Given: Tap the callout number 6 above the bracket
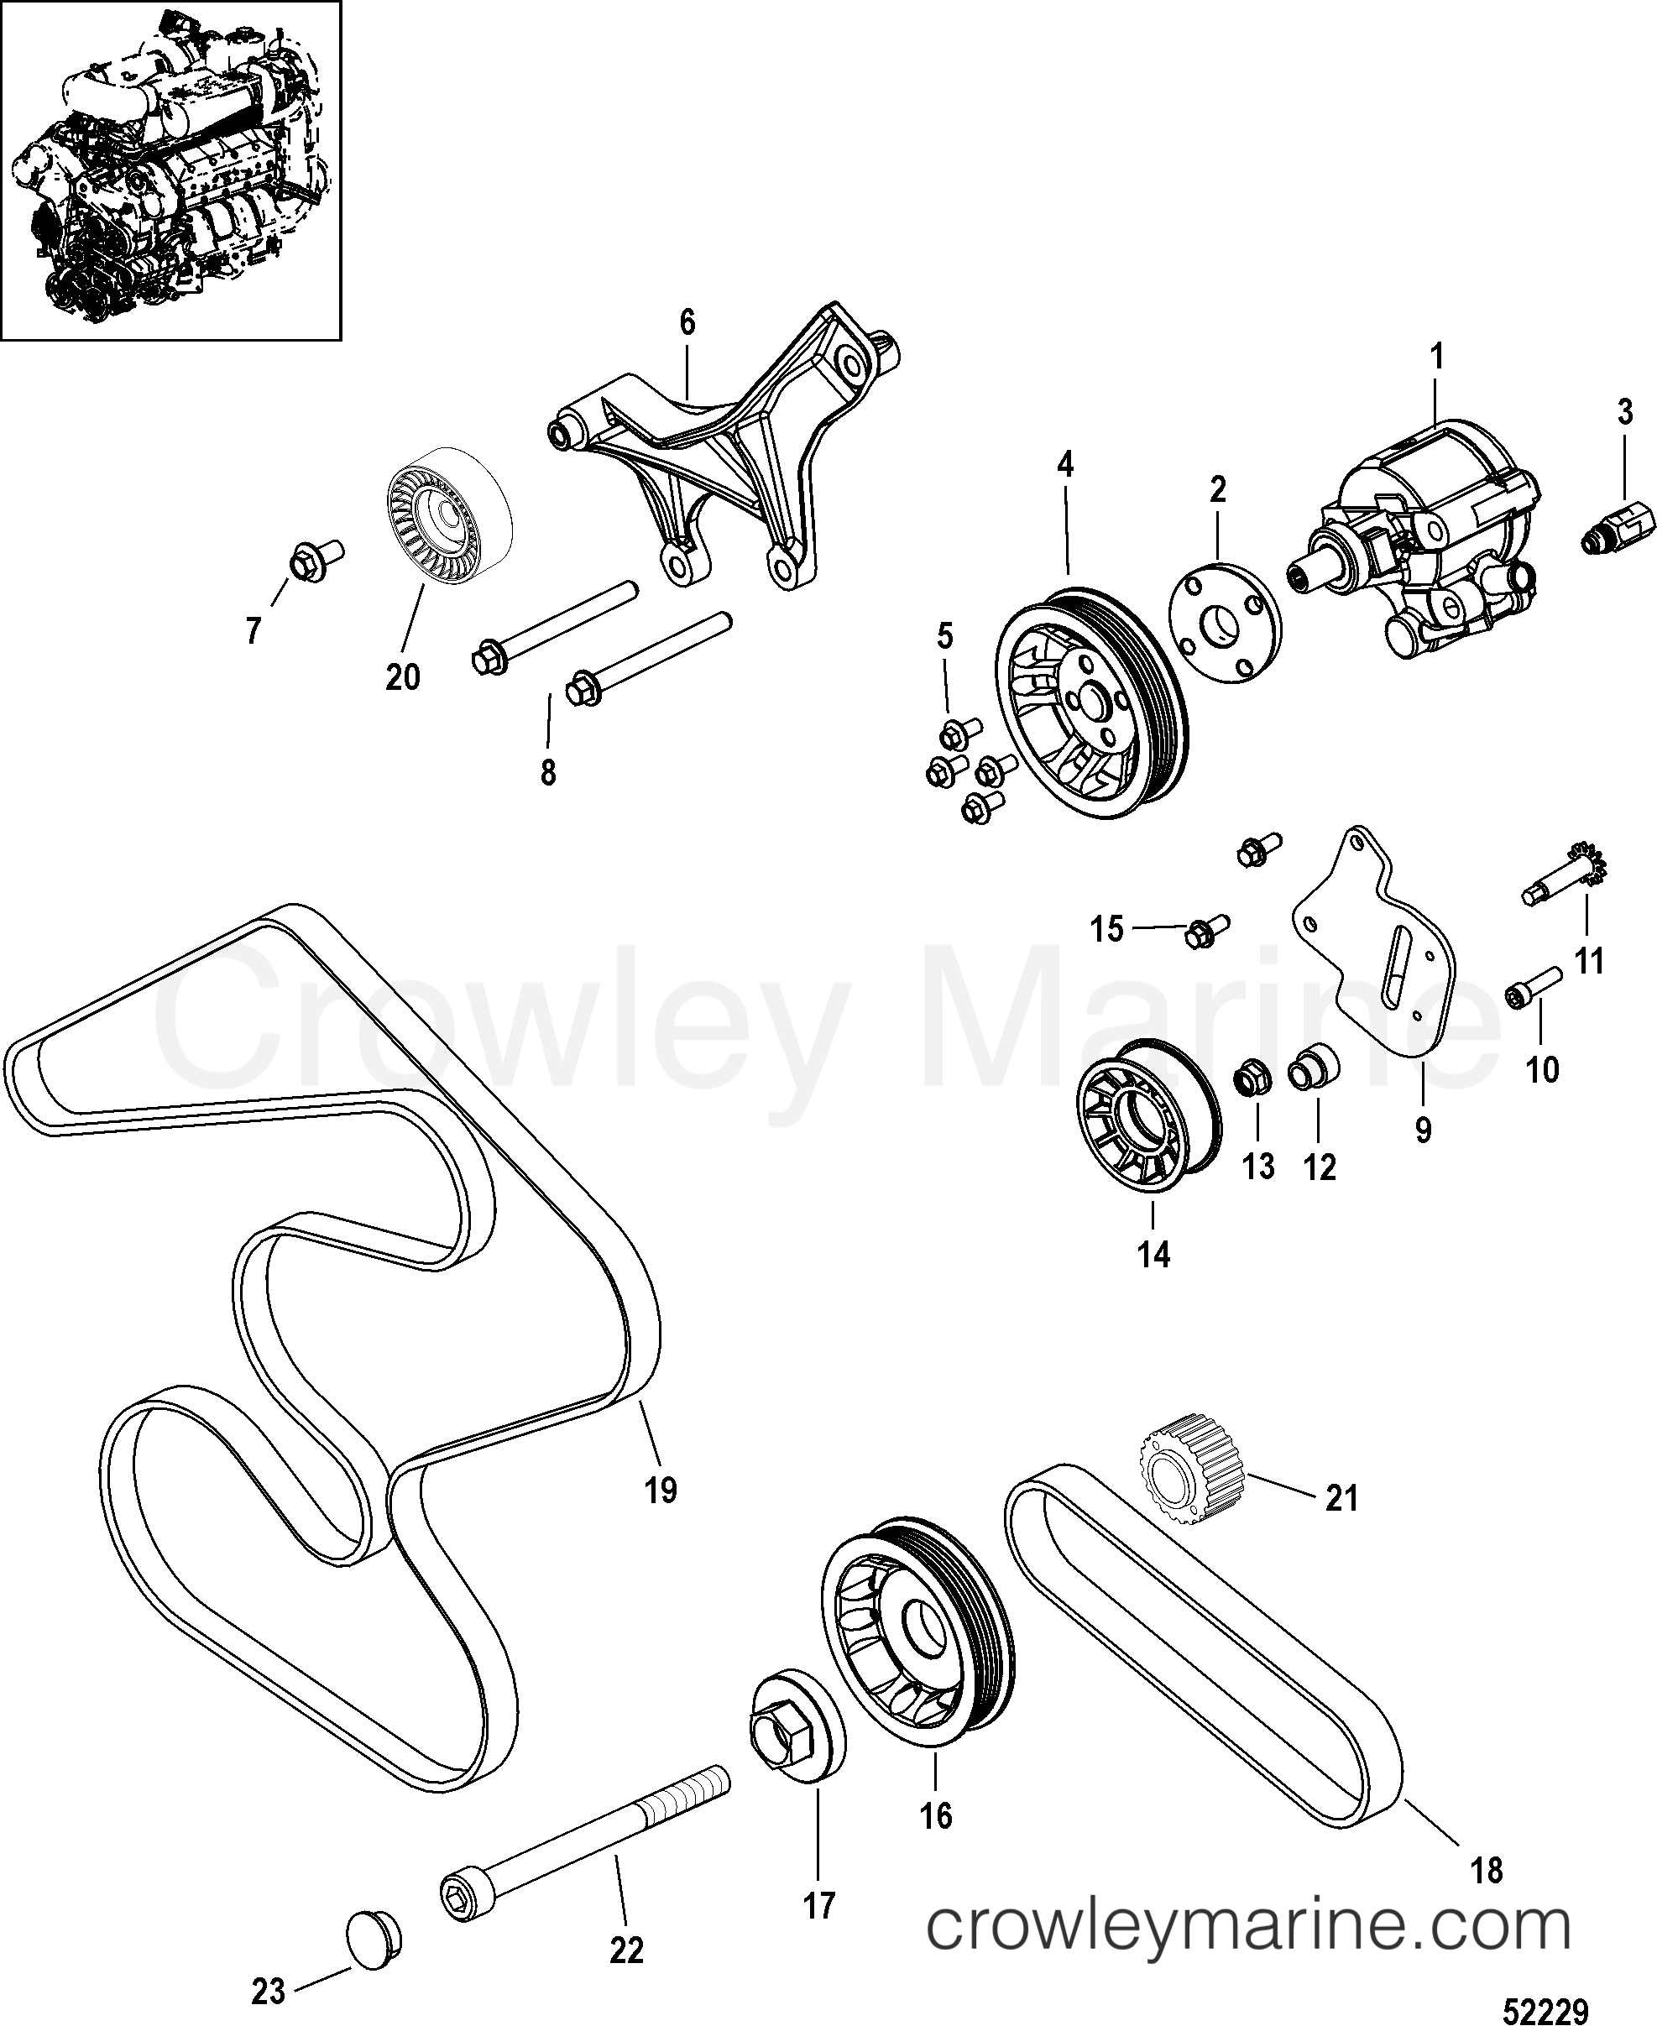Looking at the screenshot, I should (687, 322).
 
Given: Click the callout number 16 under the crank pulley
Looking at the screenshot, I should (936, 1816).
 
